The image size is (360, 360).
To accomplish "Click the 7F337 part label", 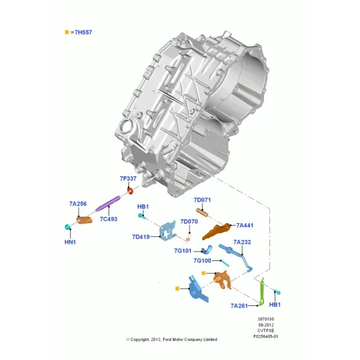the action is coord(128,178).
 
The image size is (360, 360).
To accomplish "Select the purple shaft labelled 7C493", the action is coord(108,203).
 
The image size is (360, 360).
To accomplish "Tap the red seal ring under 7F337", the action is coord(130,191).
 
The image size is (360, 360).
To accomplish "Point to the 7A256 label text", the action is coord(78,203).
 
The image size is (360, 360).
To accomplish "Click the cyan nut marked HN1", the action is coord(67,227).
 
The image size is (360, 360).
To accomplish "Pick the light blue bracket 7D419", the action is coord(168,231).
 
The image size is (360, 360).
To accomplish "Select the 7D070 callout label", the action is coord(189,221).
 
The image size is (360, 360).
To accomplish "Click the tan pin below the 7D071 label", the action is coord(202,212).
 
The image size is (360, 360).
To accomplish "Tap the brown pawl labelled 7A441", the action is coord(216,231).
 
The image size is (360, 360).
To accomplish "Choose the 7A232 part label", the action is coord(242,242).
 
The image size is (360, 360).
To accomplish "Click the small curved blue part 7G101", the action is coord(207,250).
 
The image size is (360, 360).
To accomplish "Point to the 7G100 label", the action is coord(202,260).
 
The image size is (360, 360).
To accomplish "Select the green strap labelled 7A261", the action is coord(262,292).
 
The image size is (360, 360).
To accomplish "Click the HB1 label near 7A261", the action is coord(275,304).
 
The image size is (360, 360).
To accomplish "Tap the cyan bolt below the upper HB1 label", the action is coord(141,216).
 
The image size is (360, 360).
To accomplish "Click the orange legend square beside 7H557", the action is coord(67,32).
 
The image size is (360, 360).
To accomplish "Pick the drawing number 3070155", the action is coord(266,319).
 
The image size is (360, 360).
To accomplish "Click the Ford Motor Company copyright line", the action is coord(172,340).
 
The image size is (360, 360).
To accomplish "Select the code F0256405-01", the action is coord(266,337).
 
